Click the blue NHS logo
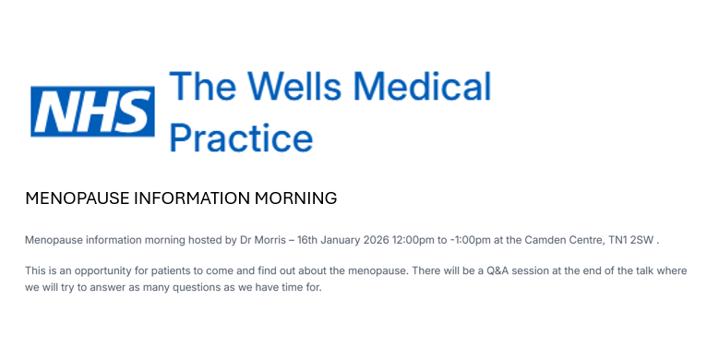[92, 112]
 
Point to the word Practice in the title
[242, 137]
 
